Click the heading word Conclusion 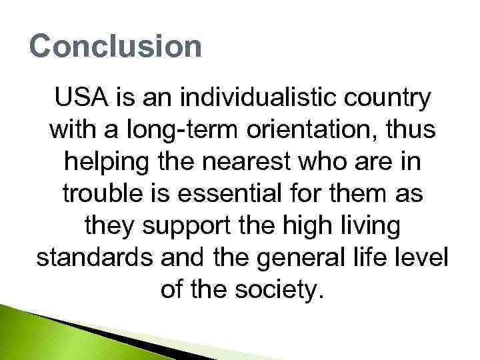pyautogui.click(x=115, y=47)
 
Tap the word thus pyautogui.click(x=409, y=131)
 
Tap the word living pyautogui.click(x=367, y=225)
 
